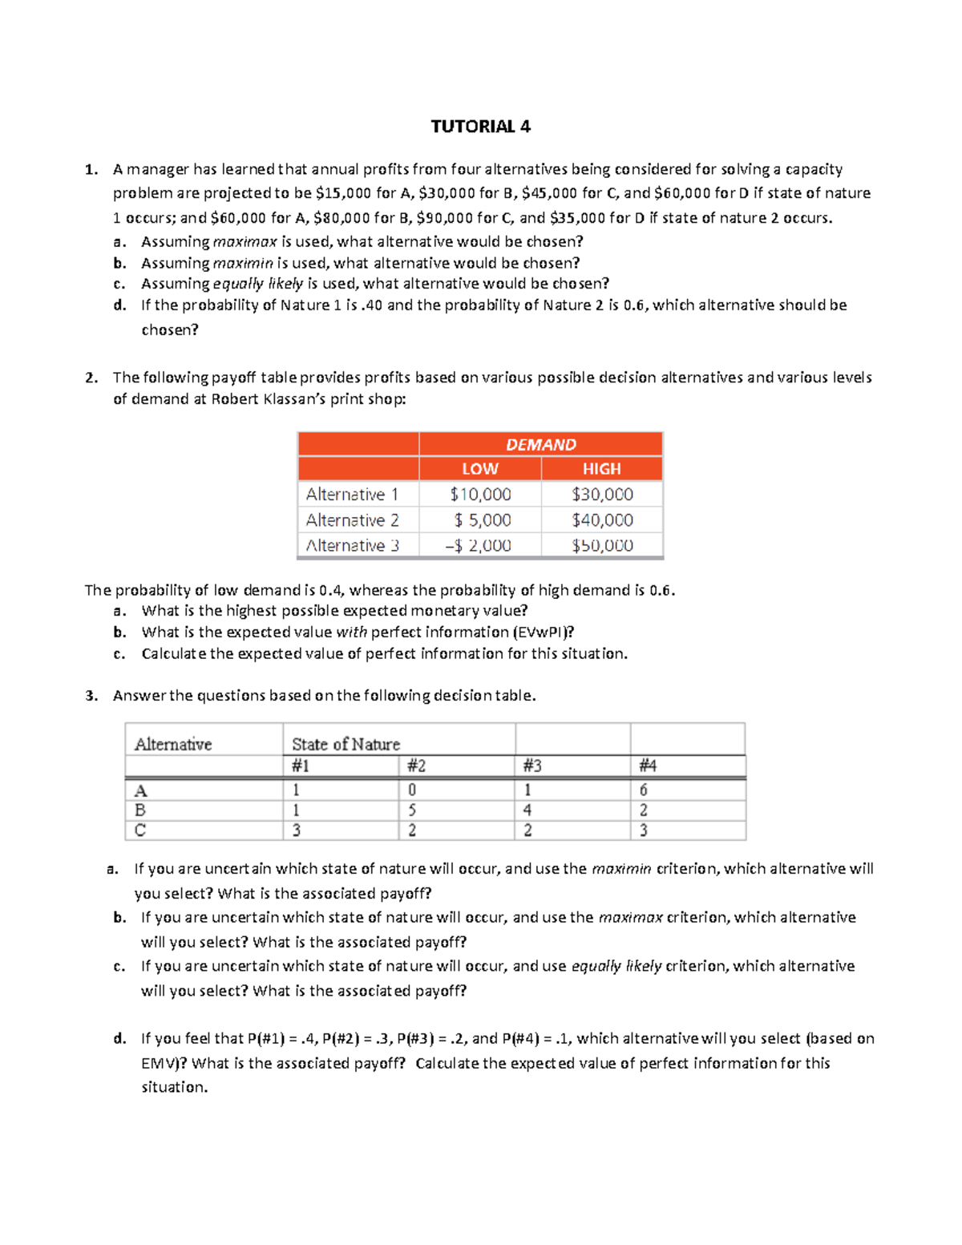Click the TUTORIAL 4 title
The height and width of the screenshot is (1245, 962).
pyautogui.click(x=480, y=127)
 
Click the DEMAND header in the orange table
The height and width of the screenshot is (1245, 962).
pyautogui.click(x=540, y=444)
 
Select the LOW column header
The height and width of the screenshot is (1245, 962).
pyautogui.click(x=479, y=469)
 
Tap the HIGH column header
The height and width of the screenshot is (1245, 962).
pyautogui.click(x=601, y=469)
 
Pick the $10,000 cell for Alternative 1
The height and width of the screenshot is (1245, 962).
pyautogui.click(x=479, y=495)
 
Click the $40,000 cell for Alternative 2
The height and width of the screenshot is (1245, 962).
pyautogui.click(x=602, y=520)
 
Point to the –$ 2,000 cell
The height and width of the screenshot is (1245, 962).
pyautogui.click(x=478, y=546)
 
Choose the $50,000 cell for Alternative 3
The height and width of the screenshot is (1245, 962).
pyautogui.click(x=602, y=546)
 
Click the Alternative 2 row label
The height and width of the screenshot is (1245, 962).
pyautogui.click(x=352, y=520)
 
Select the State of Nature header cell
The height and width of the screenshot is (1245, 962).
pyautogui.click(x=346, y=744)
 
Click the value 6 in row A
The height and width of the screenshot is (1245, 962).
pyautogui.click(x=643, y=790)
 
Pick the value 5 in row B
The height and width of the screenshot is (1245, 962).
pyautogui.click(x=412, y=810)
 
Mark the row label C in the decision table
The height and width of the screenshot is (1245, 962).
pyautogui.click(x=140, y=830)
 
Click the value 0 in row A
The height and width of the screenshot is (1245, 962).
pyautogui.click(x=412, y=790)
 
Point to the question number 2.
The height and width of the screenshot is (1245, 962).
pyautogui.click(x=91, y=378)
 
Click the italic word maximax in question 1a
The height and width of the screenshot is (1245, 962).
pyautogui.click(x=245, y=242)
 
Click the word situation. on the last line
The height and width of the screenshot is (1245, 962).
pyautogui.click(x=174, y=1088)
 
